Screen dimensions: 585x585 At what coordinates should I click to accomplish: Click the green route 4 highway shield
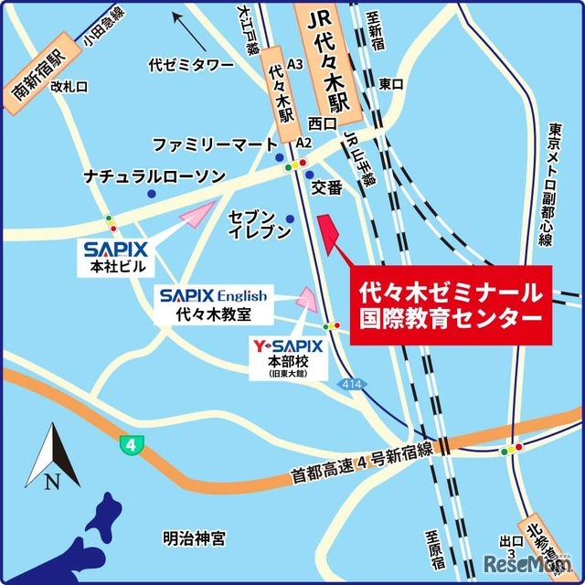pos(132,444)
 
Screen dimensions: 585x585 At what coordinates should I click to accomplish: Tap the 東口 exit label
pos(391,84)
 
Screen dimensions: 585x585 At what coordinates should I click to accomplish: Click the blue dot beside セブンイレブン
pos(291,218)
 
